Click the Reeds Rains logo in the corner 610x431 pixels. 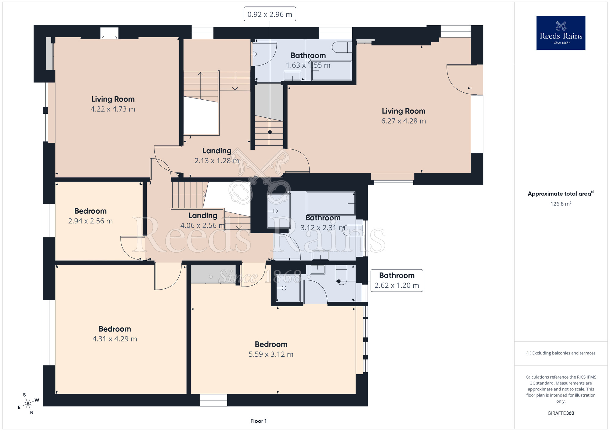pyautogui.click(x=561, y=33)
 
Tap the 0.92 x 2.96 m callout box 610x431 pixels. pyautogui.click(x=270, y=14)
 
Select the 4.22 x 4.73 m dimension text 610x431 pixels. pyautogui.click(x=113, y=109)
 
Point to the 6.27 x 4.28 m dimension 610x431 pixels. pyautogui.click(x=404, y=121)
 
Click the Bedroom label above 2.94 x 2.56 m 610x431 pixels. pyautogui.click(x=90, y=211)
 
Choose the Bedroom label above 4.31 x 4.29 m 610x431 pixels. pyautogui.click(x=115, y=329)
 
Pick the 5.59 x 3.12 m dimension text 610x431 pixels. pyautogui.click(x=271, y=354)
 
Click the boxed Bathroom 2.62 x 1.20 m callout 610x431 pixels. pyautogui.click(x=397, y=280)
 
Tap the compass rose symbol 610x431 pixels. pyautogui.click(x=28, y=404)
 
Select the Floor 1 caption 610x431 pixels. pyautogui.click(x=258, y=421)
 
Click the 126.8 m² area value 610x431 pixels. pyautogui.click(x=561, y=204)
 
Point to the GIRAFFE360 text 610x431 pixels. pyautogui.click(x=561, y=413)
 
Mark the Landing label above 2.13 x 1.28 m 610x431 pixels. pyautogui.click(x=217, y=151)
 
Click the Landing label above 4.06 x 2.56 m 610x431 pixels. pyautogui.click(x=203, y=215)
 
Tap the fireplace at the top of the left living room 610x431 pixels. pyautogui.click(x=109, y=33)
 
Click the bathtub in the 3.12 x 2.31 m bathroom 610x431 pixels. pyautogui.click(x=331, y=203)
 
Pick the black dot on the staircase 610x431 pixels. pyautogui.click(x=270, y=132)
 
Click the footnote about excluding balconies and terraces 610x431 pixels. pyautogui.click(x=561, y=353)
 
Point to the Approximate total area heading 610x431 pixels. pyautogui.click(x=561, y=194)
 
